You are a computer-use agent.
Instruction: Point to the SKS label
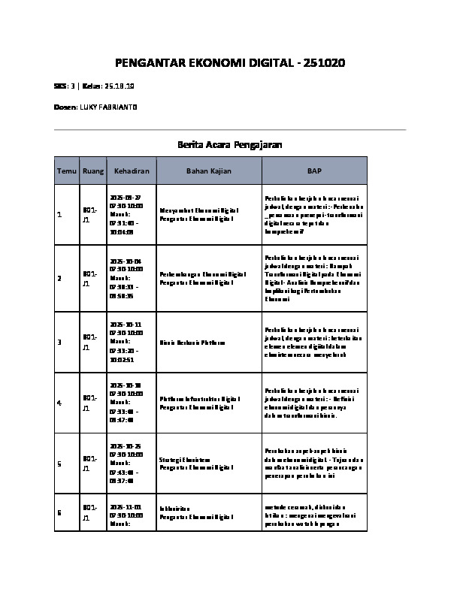click(61, 86)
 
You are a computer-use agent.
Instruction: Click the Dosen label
click(65, 107)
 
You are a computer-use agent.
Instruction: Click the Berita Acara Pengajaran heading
click(229, 144)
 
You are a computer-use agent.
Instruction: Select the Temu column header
click(66, 171)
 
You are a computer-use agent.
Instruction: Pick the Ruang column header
click(93, 171)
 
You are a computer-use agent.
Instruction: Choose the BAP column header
click(314, 171)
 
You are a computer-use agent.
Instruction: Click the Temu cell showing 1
click(59, 216)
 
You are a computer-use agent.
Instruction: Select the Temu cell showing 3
click(59, 343)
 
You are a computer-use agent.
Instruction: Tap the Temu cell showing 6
click(59, 512)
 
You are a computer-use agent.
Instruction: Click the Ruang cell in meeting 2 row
click(87, 279)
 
